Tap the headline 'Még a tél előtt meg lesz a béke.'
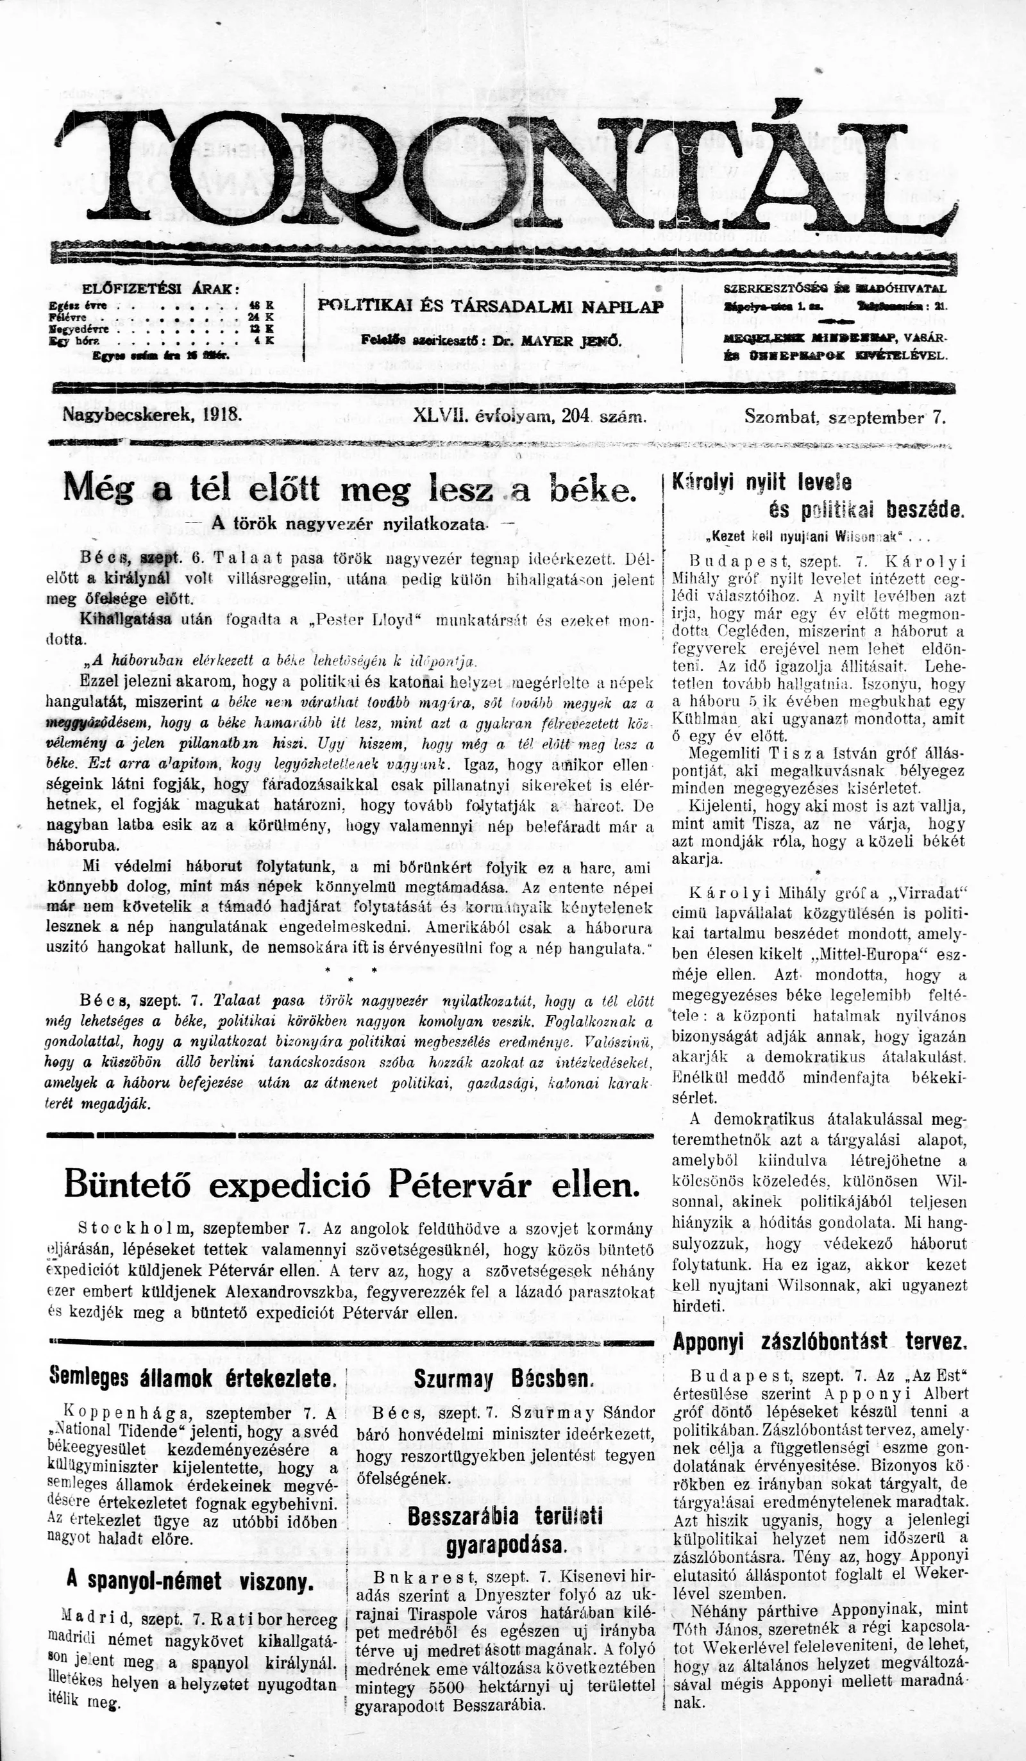point(349,488)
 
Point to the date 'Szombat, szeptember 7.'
point(845,417)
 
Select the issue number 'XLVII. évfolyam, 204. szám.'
point(529,417)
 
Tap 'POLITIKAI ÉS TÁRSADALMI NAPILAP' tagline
point(490,305)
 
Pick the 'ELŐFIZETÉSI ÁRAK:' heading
point(161,288)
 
